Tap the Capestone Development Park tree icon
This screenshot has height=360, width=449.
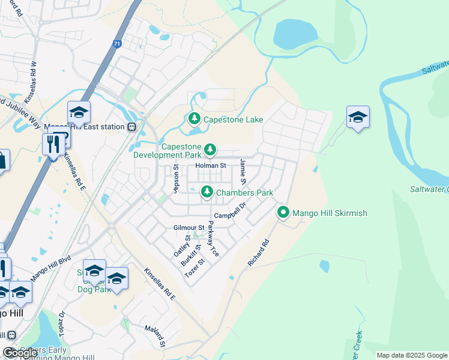point(209,149)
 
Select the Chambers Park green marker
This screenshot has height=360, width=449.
point(206,192)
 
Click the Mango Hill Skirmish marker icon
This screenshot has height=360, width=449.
point(283,212)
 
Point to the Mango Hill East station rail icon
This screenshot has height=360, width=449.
point(131,127)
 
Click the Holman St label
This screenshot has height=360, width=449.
point(209,166)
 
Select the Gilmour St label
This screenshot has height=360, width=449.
point(189,228)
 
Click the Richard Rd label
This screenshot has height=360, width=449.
point(259,254)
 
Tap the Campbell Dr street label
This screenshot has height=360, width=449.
point(231,211)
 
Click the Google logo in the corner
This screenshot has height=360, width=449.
point(20,353)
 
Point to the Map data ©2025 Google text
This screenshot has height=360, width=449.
point(412,355)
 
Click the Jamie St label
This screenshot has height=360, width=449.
point(243,172)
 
